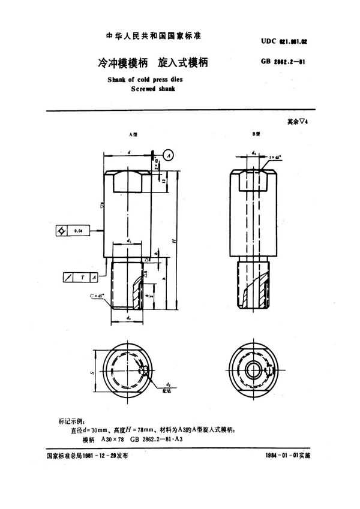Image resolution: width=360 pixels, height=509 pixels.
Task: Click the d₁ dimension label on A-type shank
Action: click(130, 241)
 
